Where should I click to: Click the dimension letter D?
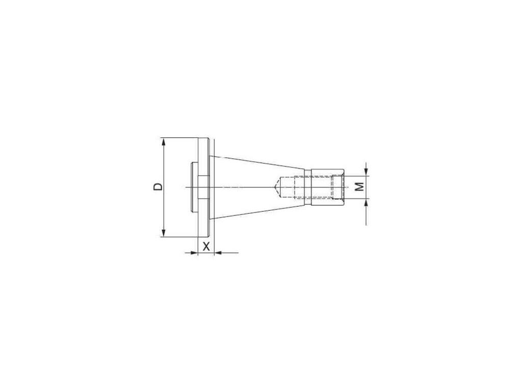(159, 187)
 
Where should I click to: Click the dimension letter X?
(206, 247)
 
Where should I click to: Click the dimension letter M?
(359, 187)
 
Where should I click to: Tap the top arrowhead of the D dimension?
(163, 142)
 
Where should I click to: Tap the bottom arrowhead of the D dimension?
(163, 232)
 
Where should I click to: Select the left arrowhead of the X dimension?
(194, 253)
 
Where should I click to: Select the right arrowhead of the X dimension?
(219, 253)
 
